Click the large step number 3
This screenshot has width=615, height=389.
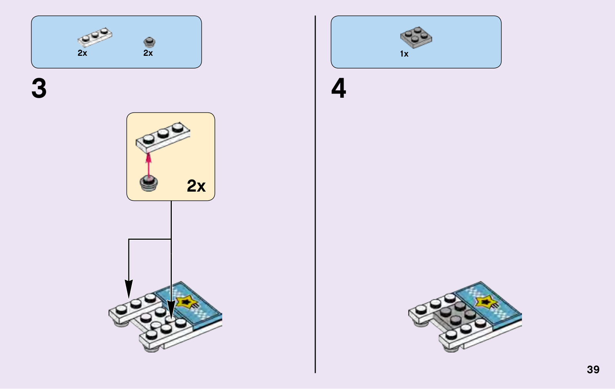[39, 88]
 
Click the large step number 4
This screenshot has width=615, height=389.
[339, 88]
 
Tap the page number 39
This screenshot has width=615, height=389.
[593, 369]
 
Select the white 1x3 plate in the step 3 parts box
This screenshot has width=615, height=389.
[95, 37]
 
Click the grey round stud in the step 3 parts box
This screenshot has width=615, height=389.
[149, 41]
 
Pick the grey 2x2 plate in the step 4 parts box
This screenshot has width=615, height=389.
[416, 37]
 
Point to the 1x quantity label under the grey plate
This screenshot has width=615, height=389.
[404, 54]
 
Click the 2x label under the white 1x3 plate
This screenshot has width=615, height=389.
[82, 53]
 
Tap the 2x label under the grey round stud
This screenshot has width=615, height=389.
[148, 53]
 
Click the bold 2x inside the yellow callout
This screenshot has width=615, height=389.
[196, 186]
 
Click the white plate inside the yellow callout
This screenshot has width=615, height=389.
[163, 137]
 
